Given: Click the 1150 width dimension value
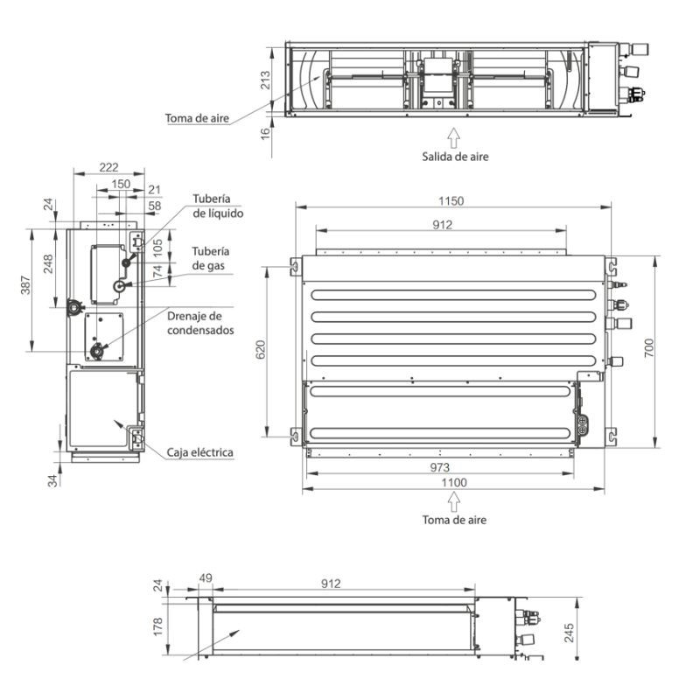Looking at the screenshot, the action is click(451, 201).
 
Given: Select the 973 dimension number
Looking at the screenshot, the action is click(440, 467).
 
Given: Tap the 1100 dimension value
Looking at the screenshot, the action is click(454, 483).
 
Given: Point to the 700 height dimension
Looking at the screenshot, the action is click(649, 347).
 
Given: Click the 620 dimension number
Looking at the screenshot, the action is click(261, 349).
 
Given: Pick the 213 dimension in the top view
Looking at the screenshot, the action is click(265, 80).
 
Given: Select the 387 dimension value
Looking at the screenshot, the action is click(26, 285).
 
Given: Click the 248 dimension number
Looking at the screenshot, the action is click(48, 263).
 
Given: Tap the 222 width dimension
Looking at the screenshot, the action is click(108, 167).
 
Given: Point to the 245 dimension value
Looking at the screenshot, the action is click(569, 633).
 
